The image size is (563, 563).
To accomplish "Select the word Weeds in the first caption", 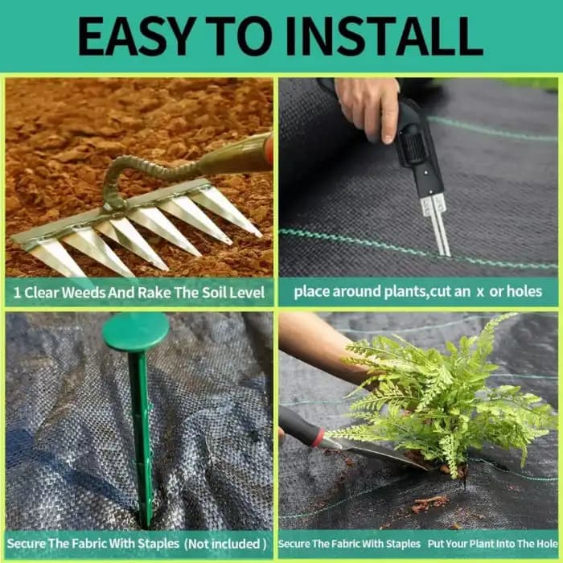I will click(x=88, y=291).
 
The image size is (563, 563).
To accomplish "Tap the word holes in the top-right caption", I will click(x=524, y=291).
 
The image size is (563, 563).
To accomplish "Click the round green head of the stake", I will click(x=136, y=331).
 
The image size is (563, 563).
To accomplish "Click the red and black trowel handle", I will click(x=302, y=426).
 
